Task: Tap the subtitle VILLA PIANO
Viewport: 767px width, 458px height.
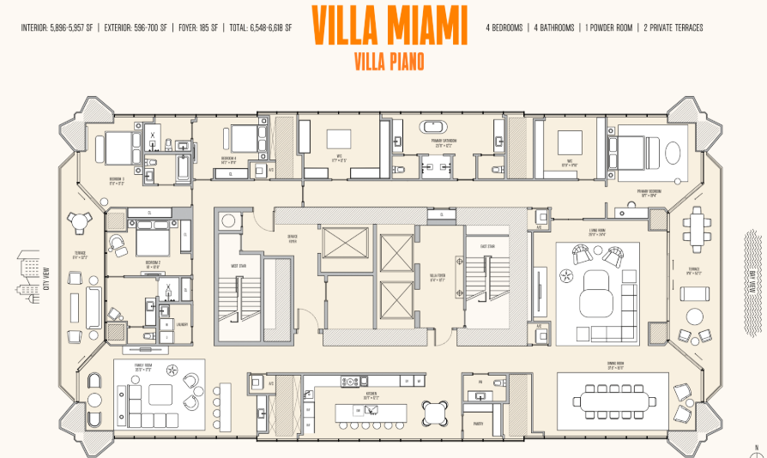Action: point(389,61)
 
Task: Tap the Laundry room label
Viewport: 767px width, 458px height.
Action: point(182,324)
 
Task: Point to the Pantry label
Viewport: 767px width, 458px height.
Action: point(478,423)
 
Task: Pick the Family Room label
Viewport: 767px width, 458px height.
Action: point(142,367)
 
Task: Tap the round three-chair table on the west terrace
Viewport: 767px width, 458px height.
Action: point(80,222)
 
